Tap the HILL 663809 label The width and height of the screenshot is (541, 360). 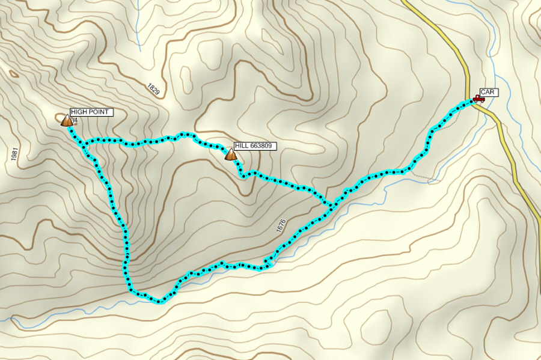(x=255, y=145)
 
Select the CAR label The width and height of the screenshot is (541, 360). (x=487, y=92)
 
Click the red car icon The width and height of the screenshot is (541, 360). (x=478, y=99)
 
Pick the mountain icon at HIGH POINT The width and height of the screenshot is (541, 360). (x=66, y=121)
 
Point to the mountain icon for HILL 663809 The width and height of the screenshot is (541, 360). (x=230, y=154)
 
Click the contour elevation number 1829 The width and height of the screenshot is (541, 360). (x=153, y=89)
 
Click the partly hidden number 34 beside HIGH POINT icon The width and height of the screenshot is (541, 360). (x=75, y=121)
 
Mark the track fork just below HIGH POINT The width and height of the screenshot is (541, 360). (x=86, y=144)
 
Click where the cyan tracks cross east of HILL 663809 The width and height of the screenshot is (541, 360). (x=332, y=204)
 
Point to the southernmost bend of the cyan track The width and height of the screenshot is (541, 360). (x=159, y=301)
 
